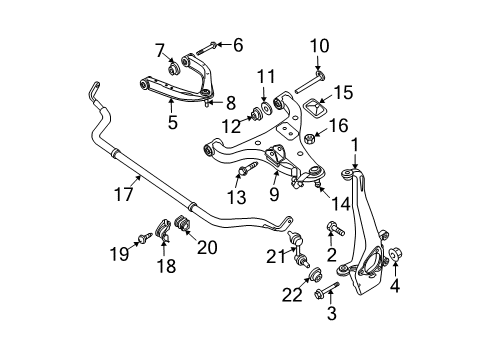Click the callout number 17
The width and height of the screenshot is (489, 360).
pos(123,194)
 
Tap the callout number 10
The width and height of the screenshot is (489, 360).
pos(319,46)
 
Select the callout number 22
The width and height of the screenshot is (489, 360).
pos(292,295)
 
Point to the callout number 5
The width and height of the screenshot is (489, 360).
pos(172,123)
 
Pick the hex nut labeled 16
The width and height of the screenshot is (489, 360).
pos(309,139)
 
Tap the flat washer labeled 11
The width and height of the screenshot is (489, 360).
pos(267,108)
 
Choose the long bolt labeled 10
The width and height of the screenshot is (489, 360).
pos(310,82)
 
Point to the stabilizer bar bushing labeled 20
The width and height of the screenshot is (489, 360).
pos(182,222)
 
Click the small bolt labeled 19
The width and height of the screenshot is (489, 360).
pos(145,238)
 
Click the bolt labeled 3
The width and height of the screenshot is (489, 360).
pos(327,289)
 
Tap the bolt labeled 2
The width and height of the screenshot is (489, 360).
pos(336,228)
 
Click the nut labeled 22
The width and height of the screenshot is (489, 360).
pos(315,274)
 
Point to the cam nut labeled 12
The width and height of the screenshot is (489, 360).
pos(256,113)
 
